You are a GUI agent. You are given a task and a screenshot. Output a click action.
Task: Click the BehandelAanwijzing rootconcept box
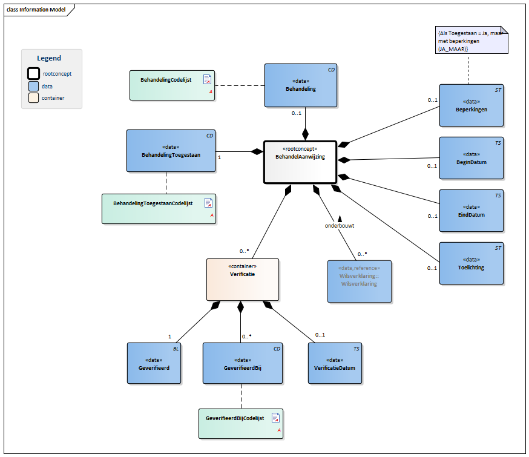pos(300,162)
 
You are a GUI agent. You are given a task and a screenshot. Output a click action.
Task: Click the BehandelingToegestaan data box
pos(171,151)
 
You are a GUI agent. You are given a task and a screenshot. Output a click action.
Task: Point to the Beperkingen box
pos(471,105)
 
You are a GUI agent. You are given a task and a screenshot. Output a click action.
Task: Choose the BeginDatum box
pos(471,158)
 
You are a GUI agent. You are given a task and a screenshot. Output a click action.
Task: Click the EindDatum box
pos(471,211)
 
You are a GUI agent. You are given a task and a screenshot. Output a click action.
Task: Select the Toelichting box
pos(471,263)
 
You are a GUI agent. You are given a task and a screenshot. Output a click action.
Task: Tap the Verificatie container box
pos(243,280)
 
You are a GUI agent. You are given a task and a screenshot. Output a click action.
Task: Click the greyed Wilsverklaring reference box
pos(360,281)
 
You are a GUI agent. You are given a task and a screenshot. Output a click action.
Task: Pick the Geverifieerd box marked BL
pos(154,363)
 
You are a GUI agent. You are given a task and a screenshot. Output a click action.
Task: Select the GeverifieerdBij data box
pos(242,363)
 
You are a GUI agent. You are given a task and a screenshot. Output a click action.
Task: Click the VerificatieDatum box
pos(335,363)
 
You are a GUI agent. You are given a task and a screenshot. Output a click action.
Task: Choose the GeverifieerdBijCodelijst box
pos(241,424)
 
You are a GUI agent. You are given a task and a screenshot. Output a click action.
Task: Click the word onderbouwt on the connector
pos(339,225)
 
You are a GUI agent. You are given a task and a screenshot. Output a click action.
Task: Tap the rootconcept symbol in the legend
pos(34,73)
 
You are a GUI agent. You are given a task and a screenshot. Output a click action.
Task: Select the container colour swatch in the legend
pos(34,97)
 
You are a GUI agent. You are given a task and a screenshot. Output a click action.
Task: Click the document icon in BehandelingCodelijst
pos(207,79)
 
